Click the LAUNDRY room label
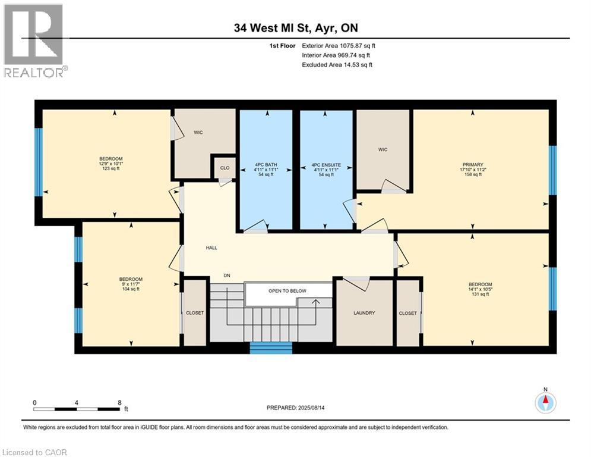364,313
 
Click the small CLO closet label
225,168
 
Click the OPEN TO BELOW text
287,291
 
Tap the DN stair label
227,275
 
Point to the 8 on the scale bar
120,403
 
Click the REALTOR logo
34,40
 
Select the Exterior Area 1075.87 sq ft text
339,46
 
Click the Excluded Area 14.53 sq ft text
337,65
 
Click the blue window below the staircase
270,348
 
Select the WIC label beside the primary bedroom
383,149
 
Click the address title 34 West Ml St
295,28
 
